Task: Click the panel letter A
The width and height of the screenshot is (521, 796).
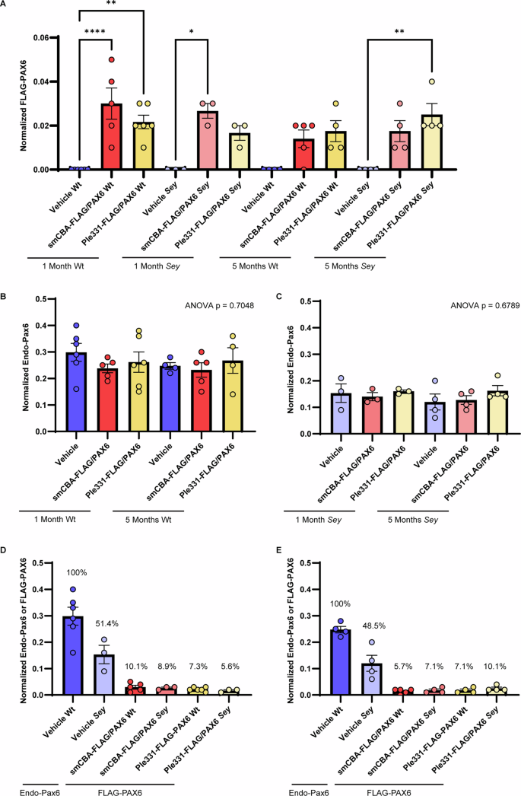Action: (x=6, y=6)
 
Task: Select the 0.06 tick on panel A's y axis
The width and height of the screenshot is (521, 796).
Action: (x=38, y=38)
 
